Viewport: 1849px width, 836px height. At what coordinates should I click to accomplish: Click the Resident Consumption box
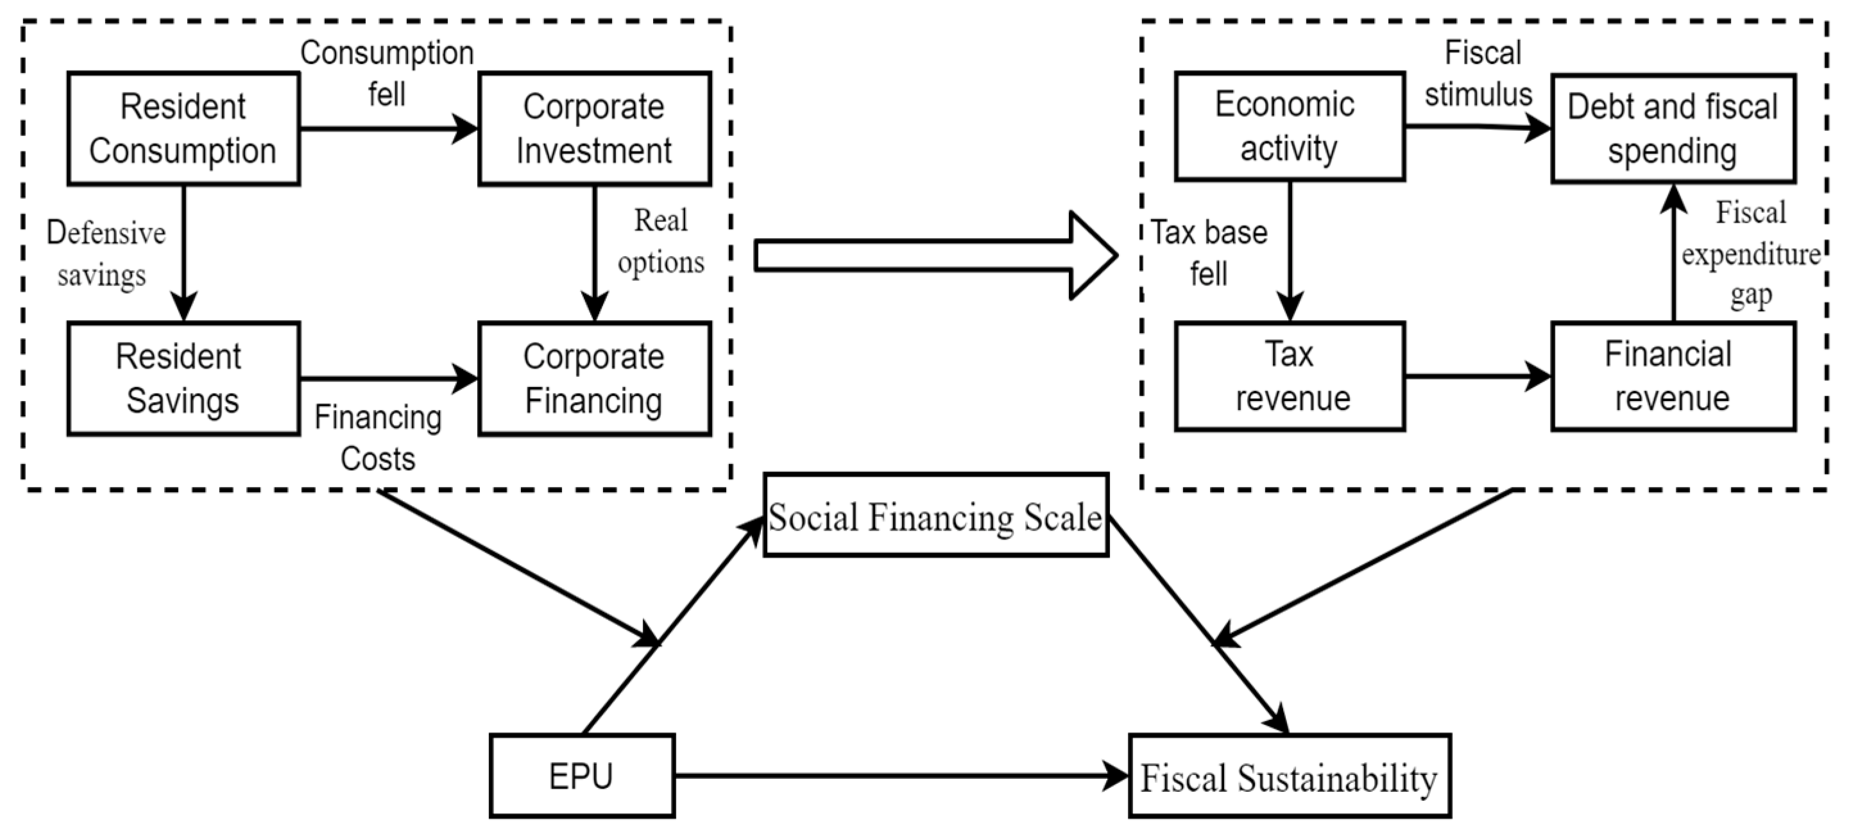point(183,128)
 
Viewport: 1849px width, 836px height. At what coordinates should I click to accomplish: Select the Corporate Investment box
point(594,128)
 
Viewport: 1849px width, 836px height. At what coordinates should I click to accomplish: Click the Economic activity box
point(1289,126)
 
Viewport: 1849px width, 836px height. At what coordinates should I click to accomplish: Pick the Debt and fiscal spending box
point(1673,128)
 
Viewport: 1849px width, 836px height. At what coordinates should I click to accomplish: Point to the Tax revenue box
point(1289,376)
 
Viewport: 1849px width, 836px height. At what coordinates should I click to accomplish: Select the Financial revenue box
point(1673,376)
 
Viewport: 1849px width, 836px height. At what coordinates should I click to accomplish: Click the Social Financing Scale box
point(935,515)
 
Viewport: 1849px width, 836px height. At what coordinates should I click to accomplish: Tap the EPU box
point(581,776)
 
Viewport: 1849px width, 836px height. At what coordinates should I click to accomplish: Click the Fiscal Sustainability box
point(1289,776)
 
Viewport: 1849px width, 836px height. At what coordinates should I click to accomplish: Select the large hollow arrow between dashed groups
point(933,255)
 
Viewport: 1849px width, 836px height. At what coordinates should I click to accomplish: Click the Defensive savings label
point(105,254)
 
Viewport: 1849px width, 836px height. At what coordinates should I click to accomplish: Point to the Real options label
point(660,241)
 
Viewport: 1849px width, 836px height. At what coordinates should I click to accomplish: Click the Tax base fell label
point(1209,253)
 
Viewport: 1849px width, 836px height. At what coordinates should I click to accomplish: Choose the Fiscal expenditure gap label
point(1750,254)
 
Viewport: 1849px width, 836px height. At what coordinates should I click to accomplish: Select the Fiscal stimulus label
point(1480,73)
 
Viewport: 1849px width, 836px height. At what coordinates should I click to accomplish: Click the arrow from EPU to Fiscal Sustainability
point(897,776)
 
